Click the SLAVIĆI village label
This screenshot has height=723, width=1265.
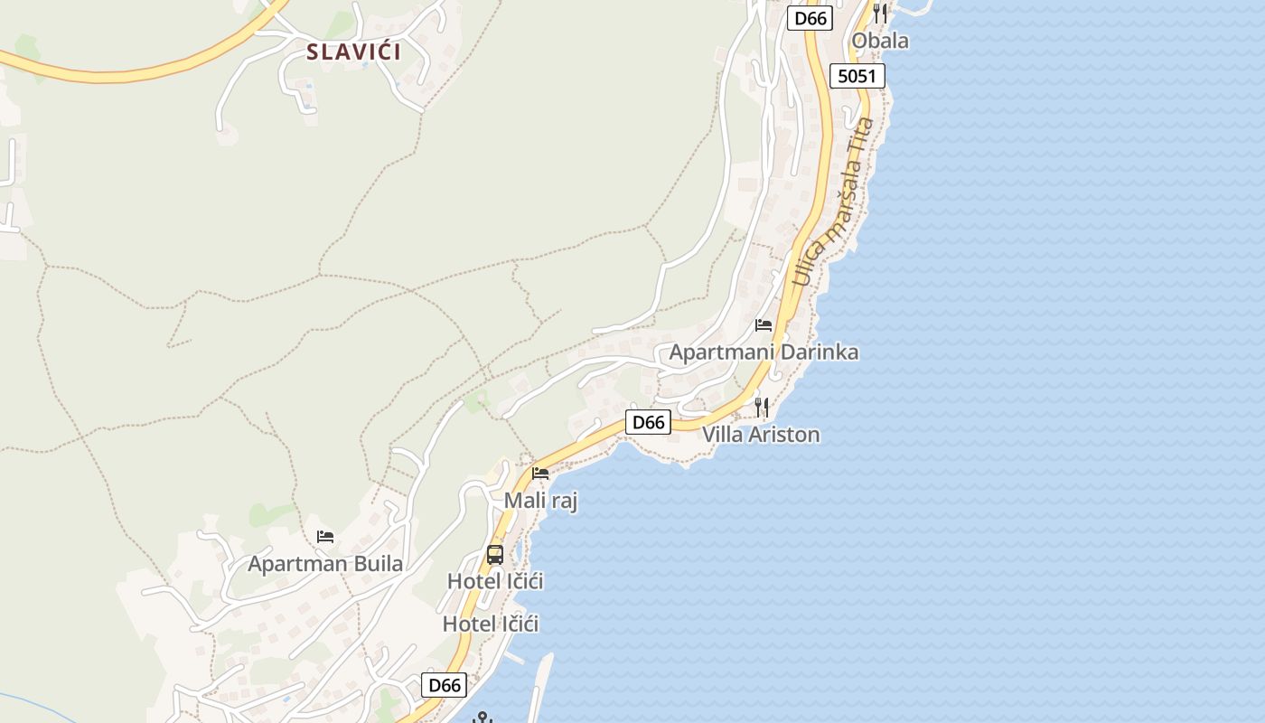353,52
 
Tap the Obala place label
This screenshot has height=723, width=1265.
880,41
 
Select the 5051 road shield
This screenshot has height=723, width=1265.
857,76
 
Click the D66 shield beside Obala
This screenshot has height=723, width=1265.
809,18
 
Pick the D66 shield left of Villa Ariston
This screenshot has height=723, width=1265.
648,422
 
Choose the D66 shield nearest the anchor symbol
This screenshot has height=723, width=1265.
445,685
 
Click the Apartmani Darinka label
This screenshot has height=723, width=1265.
764,352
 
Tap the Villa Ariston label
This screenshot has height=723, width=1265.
761,435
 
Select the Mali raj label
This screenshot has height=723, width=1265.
540,501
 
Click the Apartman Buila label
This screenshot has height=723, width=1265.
325,564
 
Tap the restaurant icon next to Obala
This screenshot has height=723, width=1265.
880,14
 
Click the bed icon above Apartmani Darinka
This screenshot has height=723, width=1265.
764,325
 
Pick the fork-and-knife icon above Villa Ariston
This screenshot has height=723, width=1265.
762,408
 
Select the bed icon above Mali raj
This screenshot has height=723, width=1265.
540,473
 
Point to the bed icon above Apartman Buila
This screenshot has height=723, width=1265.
325,537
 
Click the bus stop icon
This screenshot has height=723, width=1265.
495,554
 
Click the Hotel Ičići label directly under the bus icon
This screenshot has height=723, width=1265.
495,581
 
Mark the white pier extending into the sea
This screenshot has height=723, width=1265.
539,687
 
